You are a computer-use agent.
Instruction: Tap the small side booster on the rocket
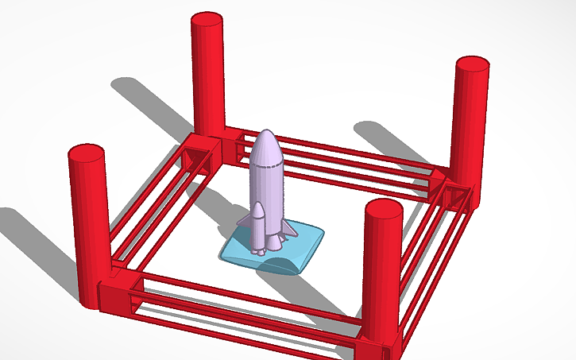click(x=259, y=226)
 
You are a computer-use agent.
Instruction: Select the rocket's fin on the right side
click(x=291, y=230)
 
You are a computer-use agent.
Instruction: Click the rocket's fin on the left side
click(x=244, y=218)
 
